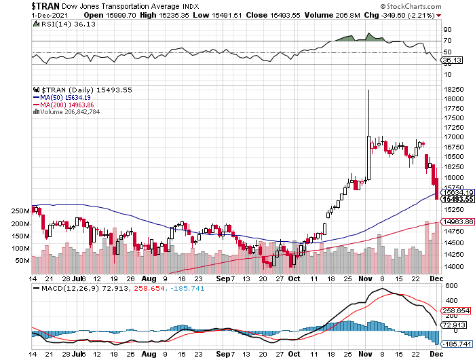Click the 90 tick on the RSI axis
(x=447, y=30)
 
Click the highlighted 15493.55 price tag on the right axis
(x=455, y=199)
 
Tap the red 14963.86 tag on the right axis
(x=455, y=222)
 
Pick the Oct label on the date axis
(x=293, y=278)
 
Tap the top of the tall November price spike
(x=368, y=90)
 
